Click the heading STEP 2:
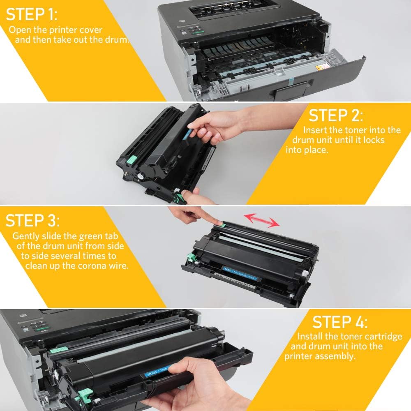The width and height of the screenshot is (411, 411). tap(336, 115)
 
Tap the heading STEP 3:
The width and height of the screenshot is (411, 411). tap(32, 220)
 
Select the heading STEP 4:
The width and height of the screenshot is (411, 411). tap(341, 321)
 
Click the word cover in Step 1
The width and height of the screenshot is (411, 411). tap(92, 30)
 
